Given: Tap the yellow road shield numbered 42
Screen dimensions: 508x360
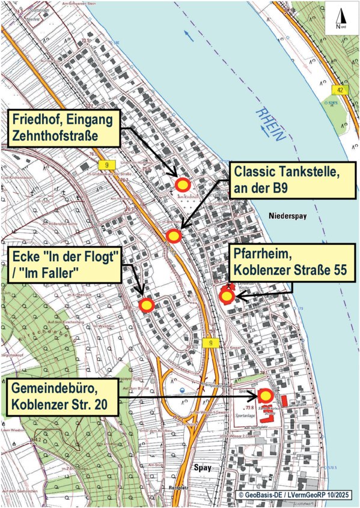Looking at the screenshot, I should [340, 90].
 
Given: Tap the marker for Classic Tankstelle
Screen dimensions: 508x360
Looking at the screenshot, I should [173, 237].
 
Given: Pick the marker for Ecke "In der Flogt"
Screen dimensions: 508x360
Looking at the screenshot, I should [147, 305].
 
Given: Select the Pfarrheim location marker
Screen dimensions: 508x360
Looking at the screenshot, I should [227, 296].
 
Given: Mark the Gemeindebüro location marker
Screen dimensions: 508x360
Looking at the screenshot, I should [265, 396].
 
